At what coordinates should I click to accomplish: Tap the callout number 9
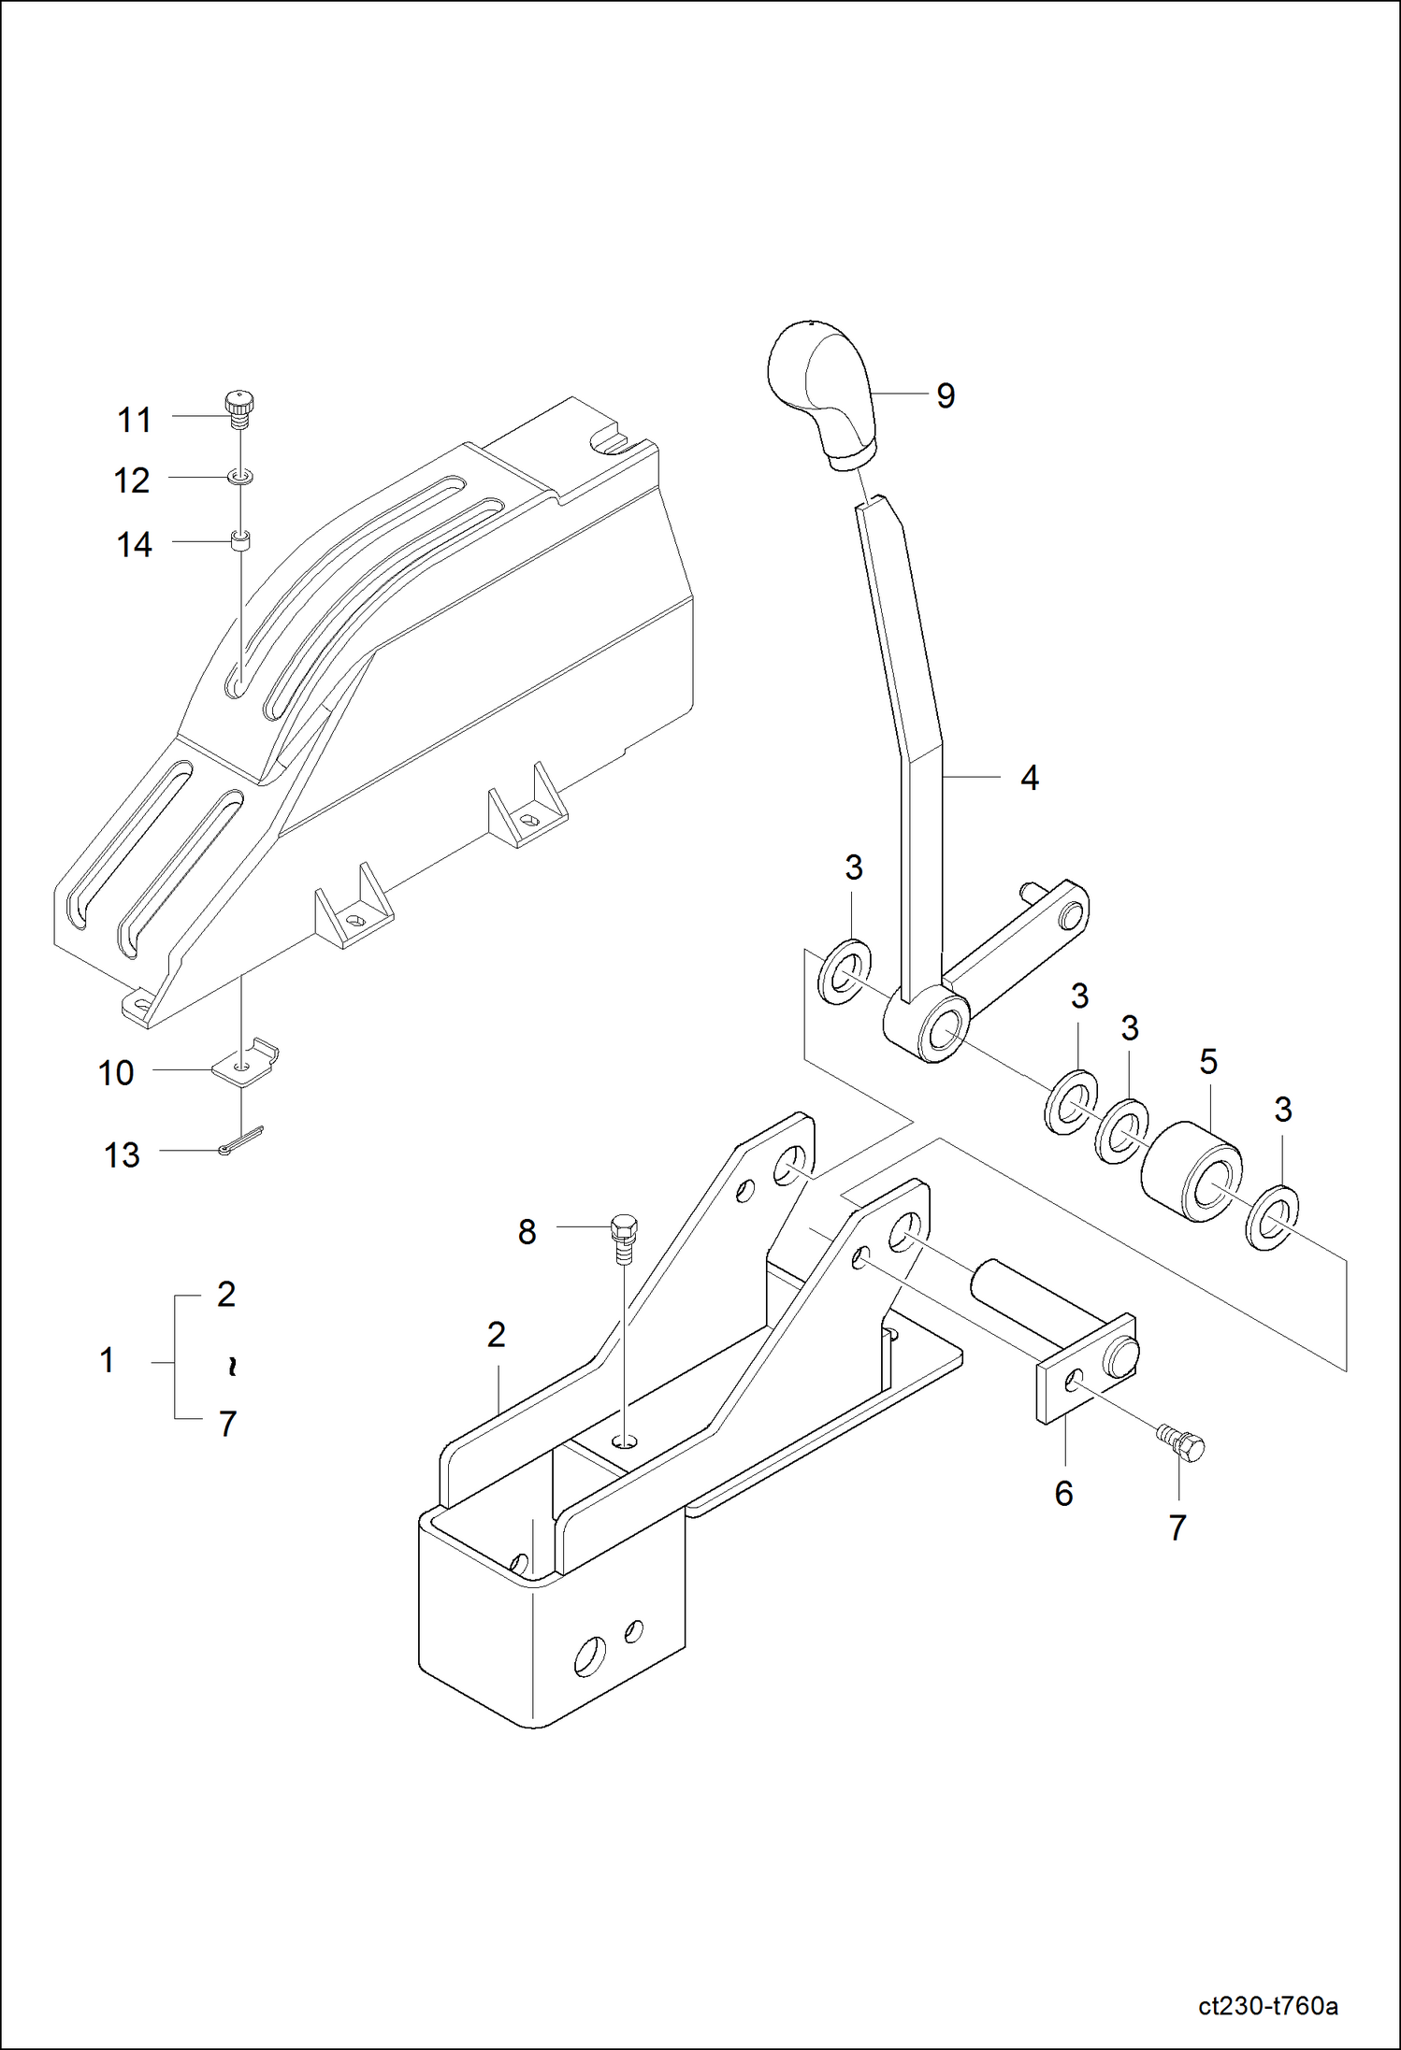(946, 396)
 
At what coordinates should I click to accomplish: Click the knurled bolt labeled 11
(240, 409)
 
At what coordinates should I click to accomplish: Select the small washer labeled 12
(240, 479)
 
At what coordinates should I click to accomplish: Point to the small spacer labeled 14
(241, 541)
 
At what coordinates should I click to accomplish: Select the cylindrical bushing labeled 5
(1191, 1171)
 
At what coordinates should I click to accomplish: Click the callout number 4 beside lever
(1029, 778)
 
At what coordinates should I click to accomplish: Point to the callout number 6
(1063, 1494)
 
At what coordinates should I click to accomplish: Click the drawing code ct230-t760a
(1267, 2006)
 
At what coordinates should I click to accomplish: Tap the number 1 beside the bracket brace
(108, 1360)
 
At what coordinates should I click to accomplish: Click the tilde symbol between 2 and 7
(231, 1367)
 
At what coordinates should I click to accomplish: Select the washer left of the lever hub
(845, 973)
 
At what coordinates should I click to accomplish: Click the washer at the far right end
(1272, 1216)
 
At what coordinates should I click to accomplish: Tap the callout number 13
(122, 1155)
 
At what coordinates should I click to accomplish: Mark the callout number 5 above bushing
(1207, 1062)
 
